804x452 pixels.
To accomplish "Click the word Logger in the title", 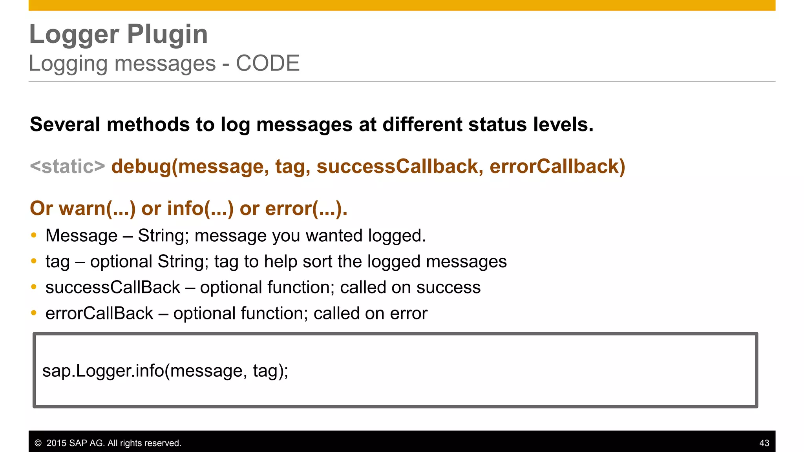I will pos(74,35).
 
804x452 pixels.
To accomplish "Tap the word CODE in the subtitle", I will pos(268,63).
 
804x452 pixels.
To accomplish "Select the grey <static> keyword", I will pos(68,166).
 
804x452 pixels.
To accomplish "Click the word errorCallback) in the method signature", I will pos(557,166).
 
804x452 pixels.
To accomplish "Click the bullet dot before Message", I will pos(34,235).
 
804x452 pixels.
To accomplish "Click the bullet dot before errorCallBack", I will pos(34,313).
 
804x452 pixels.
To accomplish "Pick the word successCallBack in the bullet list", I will pos(113,287).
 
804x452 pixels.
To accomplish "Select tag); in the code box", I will pos(270,371).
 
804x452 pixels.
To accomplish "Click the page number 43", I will pos(764,443).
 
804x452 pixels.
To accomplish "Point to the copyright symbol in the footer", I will pos(38,443).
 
